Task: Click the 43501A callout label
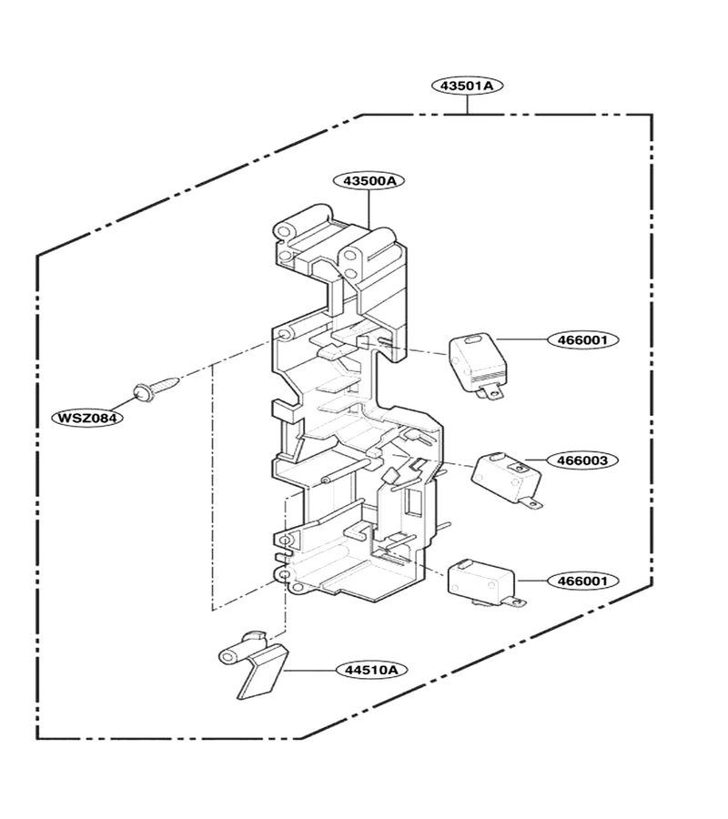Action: point(467,86)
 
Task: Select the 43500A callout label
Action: point(369,181)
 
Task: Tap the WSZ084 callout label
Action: point(87,418)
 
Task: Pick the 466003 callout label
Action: point(582,460)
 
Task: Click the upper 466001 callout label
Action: point(582,340)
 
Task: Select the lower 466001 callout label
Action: point(582,581)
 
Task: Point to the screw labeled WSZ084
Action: point(157,388)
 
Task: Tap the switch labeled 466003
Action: point(507,479)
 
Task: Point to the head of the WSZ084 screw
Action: point(141,391)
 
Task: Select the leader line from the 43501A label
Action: point(468,105)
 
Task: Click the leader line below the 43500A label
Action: point(369,209)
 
